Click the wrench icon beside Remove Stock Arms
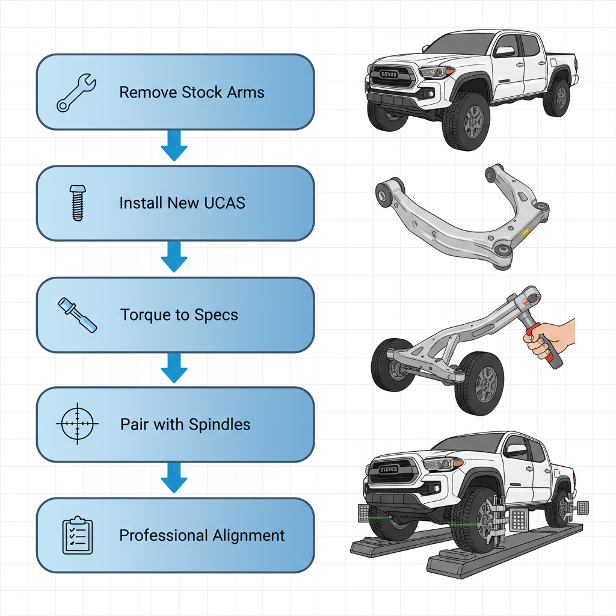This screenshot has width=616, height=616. click(76, 92)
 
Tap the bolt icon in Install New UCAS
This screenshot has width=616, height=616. click(76, 203)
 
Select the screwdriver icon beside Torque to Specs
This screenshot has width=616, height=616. click(77, 315)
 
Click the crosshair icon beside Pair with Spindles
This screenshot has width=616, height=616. click(76, 424)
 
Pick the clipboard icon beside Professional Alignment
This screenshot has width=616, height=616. click(77, 535)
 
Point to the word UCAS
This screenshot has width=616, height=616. click(225, 203)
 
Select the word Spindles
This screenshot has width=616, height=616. click(220, 424)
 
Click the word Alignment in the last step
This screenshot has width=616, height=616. click(251, 535)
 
